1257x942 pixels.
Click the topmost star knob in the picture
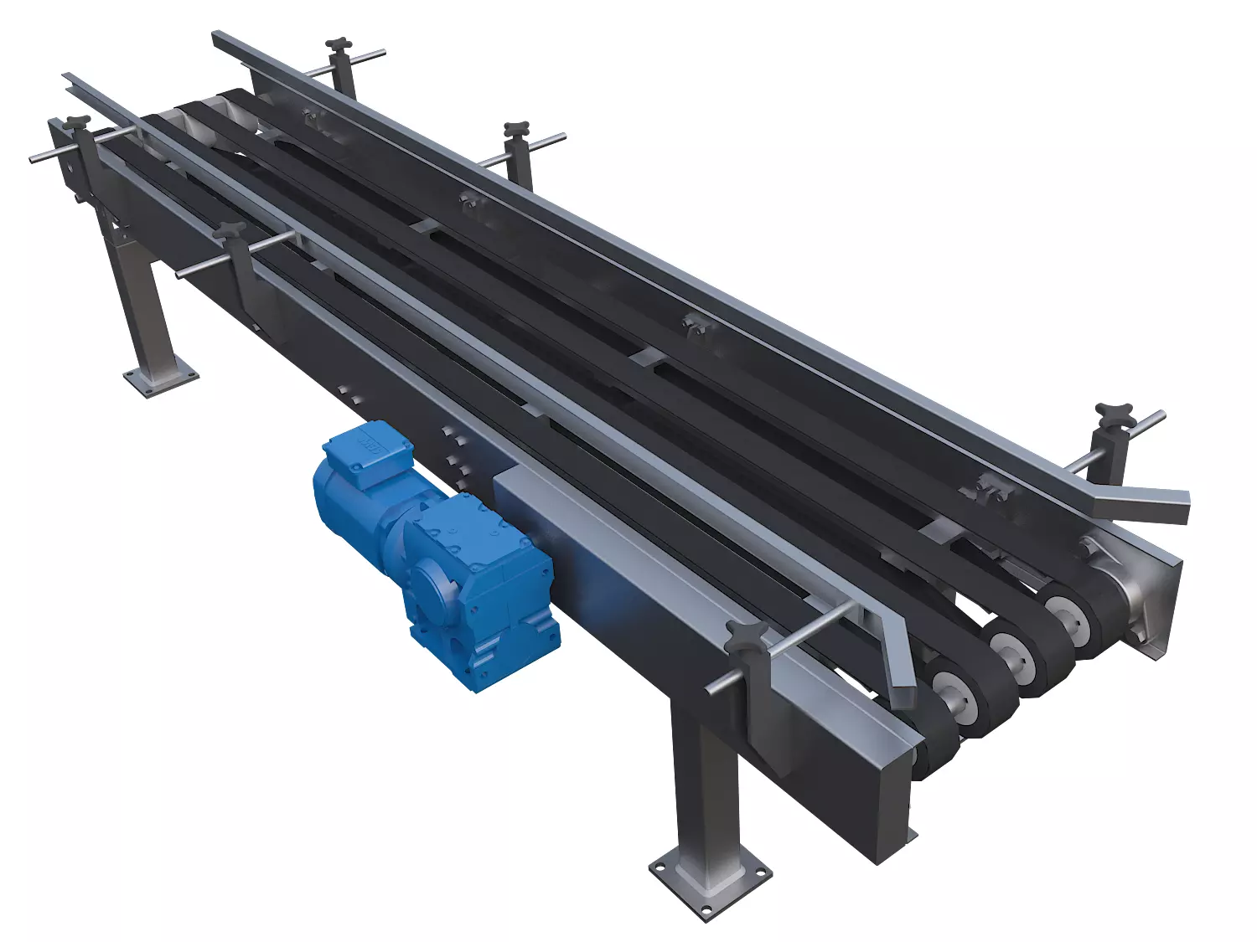point(339,44)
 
